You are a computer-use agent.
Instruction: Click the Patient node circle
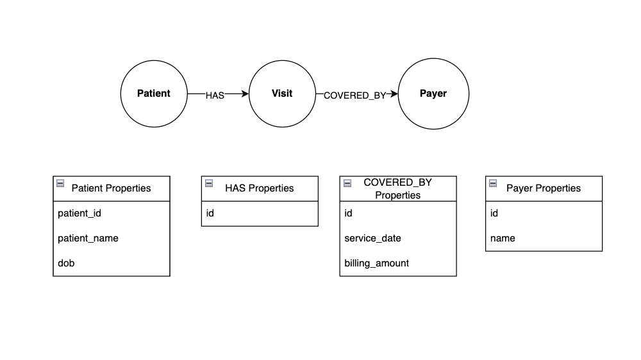154,94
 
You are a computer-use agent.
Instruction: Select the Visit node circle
281,94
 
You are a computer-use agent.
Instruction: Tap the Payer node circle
433,94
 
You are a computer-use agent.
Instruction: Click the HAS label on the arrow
215,95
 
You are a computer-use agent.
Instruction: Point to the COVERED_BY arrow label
354,95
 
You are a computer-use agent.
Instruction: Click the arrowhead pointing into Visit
245,94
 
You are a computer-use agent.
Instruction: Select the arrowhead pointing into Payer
395,94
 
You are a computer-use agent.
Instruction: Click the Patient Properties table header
112,188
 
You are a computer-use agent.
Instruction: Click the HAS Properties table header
260,188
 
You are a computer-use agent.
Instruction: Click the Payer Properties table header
544,188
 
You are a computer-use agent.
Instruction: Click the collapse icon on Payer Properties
493,183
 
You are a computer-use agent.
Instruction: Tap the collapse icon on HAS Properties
209,183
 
